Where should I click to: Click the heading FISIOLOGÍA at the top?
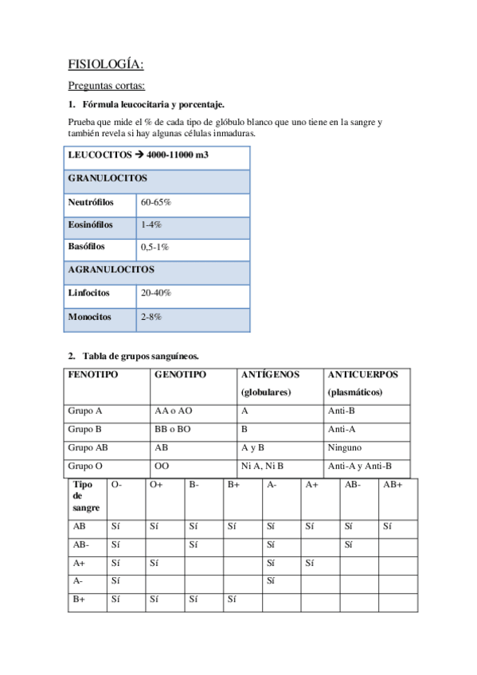105,65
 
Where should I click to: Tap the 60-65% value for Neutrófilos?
156,203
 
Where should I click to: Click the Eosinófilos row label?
91,225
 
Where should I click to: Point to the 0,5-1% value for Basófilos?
154,248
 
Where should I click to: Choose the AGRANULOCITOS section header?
111,270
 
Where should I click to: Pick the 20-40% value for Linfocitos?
156,293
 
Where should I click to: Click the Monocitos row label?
89,317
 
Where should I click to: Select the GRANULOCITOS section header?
107,179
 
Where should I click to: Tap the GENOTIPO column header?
181,374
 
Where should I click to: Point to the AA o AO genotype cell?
174,412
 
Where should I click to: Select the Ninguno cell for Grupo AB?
344,447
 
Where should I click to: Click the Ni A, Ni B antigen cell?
262,466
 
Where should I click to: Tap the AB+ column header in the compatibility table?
393,484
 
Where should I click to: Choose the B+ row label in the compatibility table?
79,599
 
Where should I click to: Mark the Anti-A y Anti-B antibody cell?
360,466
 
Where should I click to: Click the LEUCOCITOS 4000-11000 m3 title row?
139,155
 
